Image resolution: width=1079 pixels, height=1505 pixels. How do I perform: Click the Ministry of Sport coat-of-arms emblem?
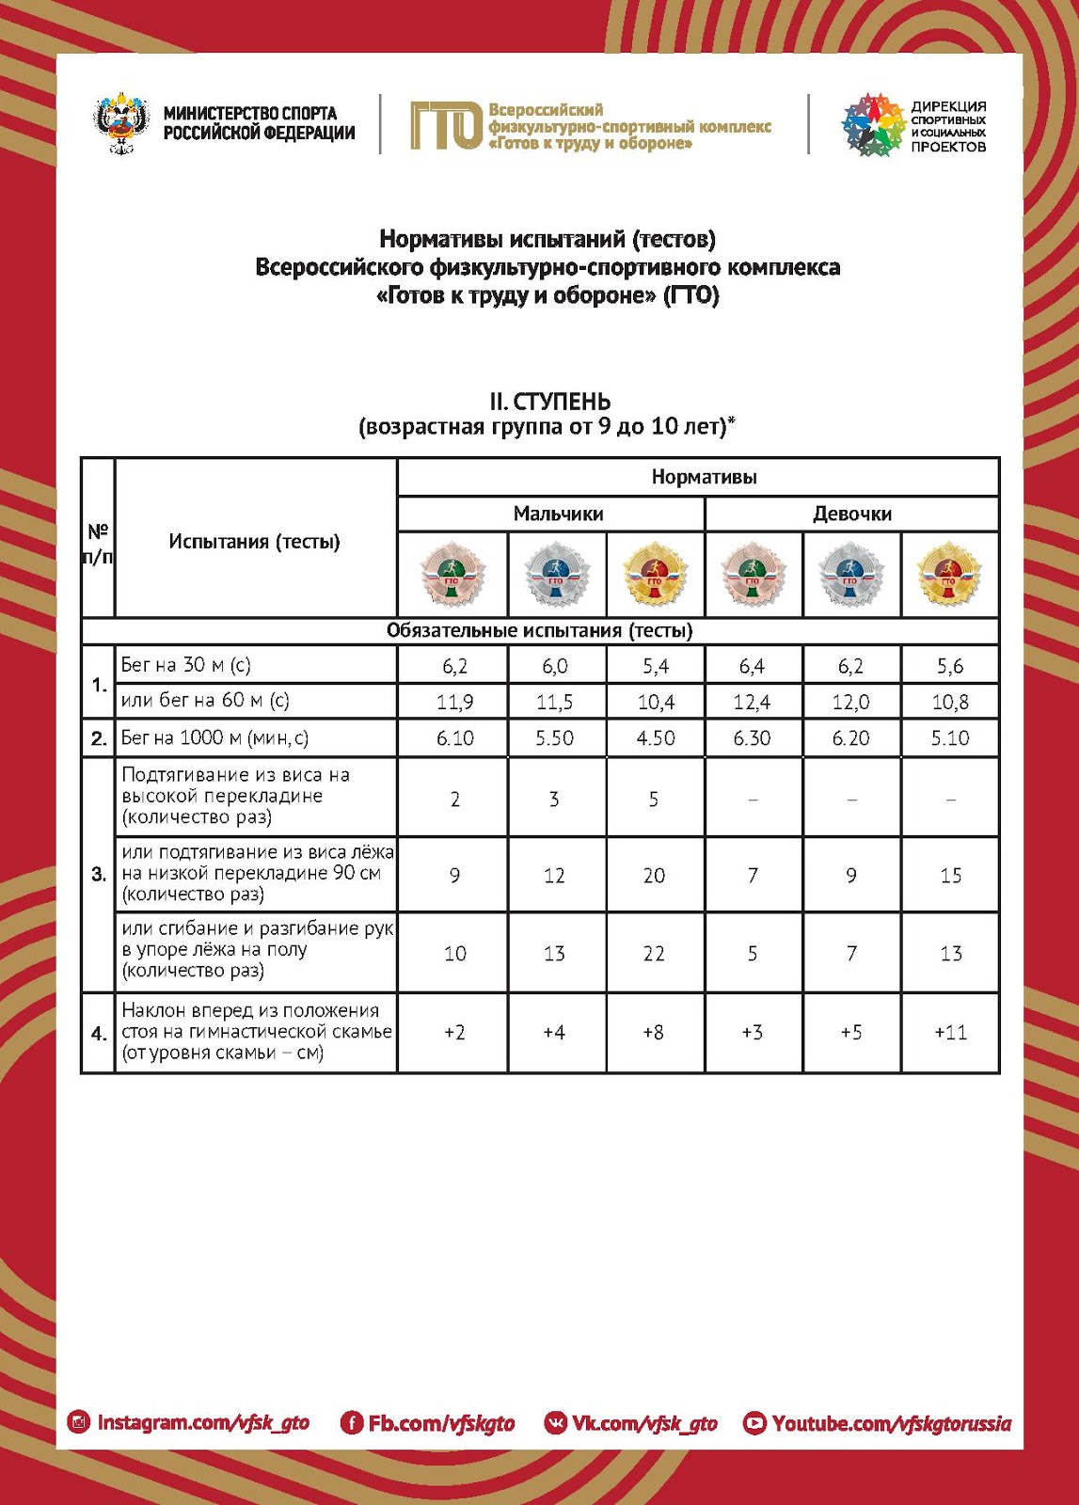click(x=121, y=123)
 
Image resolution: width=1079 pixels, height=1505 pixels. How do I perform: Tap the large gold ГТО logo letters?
click(x=446, y=125)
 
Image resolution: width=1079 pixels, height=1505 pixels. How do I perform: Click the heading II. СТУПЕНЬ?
click(x=549, y=402)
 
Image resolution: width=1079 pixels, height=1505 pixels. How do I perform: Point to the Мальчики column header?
click(x=558, y=514)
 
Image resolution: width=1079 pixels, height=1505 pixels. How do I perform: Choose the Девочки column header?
click(x=852, y=514)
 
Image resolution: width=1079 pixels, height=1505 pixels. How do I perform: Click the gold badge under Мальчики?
click(x=655, y=574)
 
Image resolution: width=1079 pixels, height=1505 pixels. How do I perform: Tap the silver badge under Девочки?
click(x=850, y=574)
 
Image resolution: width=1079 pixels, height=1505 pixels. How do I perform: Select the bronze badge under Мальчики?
click(x=452, y=574)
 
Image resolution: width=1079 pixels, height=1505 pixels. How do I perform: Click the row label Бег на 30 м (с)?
click(x=186, y=665)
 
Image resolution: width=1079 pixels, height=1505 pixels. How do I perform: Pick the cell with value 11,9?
click(x=454, y=702)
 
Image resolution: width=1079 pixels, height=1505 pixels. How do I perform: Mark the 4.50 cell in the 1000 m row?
click(x=655, y=738)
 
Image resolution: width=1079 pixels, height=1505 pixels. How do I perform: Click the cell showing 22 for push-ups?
click(x=654, y=953)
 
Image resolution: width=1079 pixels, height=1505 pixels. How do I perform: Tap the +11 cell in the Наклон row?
click(x=950, y=1032)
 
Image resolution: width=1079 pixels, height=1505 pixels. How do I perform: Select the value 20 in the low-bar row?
click(x=654, y=876)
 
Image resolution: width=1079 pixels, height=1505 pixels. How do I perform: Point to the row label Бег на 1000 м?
click(x=214, y=738)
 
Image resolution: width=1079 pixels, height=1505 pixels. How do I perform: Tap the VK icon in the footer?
click(x=556, y=1423)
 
